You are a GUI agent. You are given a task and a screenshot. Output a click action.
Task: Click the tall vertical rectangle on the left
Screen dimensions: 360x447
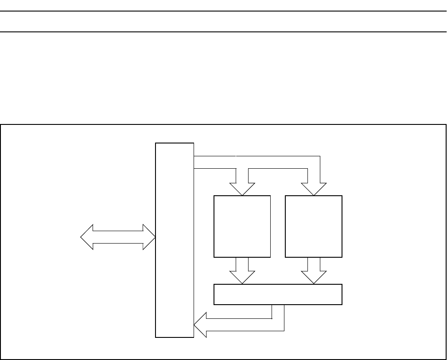click(175, 240)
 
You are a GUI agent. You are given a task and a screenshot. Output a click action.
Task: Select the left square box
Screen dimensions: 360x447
click(242, 226)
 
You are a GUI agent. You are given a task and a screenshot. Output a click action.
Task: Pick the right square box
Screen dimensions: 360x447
click(313, 226)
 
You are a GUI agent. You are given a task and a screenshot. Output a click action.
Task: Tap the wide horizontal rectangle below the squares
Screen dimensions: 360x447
click(278, 294)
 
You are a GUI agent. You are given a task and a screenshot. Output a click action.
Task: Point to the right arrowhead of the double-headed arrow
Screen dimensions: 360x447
click(149, 237)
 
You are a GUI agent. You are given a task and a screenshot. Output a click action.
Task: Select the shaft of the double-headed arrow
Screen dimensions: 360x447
click(118, 237)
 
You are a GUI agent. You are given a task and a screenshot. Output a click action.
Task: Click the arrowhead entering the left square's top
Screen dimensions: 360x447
click(242, 189)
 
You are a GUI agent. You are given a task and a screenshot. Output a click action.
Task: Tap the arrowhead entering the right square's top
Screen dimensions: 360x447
click(313, 189)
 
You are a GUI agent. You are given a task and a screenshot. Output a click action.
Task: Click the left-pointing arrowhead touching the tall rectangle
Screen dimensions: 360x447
click(201, 325)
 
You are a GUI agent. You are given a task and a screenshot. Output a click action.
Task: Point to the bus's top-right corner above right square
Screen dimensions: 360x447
click(319, 156)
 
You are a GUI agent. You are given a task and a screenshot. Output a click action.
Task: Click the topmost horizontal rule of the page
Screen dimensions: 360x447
click(223, 11)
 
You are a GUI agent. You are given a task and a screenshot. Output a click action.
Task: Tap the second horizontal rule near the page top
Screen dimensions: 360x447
click(223, 31)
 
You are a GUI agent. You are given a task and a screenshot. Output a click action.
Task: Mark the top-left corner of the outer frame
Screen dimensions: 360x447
click(1, 125)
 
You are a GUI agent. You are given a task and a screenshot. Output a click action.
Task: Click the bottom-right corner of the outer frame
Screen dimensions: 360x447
click(445, 359)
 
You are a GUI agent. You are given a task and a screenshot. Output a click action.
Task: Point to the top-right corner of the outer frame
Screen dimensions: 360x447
click(445, 125)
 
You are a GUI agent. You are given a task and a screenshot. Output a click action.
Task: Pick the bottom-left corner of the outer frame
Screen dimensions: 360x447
click(1, 359)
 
